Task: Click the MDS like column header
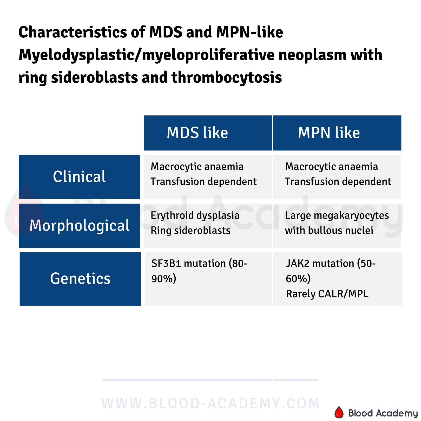(197, 133)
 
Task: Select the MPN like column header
(329, 133)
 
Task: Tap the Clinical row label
(79, 177)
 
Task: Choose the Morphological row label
(79, 225)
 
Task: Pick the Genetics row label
(80, 279)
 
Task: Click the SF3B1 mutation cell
(199, 271)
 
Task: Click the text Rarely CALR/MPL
(327, 294)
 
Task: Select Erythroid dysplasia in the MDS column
(195, 215)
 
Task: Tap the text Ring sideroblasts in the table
(190, 231)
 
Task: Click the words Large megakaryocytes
(337, 215)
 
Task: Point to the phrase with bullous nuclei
(329, 231)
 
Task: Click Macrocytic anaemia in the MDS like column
(197, 167)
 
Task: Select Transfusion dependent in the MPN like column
(338, 182)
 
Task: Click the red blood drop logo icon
(339, 412)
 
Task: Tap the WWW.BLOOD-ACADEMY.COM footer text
(210, 403)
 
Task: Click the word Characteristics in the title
(73, 32)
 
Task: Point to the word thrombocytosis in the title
(227, 77)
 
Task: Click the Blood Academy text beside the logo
(383, 413)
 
